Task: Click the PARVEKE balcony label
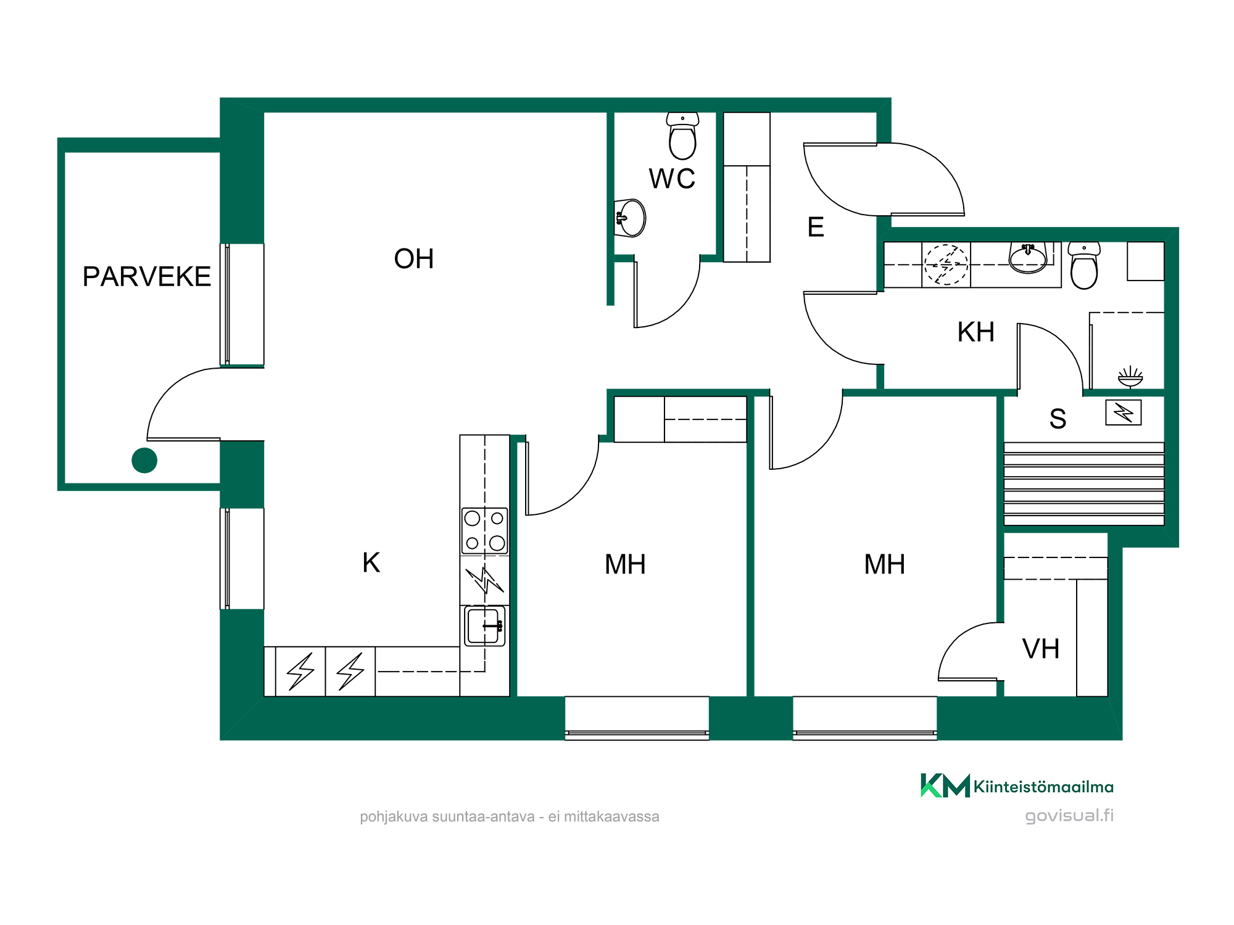(147, 276)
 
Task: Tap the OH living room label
(414, 259)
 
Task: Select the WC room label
(672, 179)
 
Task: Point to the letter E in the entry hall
(816, 227)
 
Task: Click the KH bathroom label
(976, 332)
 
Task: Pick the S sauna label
(1058, 419)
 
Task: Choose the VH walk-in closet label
(1041, 649)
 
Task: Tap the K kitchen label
(371, 562)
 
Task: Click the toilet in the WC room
(682, 136)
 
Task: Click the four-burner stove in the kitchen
(485, 531)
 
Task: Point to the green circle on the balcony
(144, 460)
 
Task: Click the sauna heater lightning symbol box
(1124, 413)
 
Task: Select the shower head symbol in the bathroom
(1130, 377)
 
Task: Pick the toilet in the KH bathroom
(1084, 265)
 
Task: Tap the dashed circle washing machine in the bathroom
(946, 265)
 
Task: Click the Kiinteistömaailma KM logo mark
(945, 786)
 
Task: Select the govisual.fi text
(1069, 816)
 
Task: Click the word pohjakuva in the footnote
(394, 817)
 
